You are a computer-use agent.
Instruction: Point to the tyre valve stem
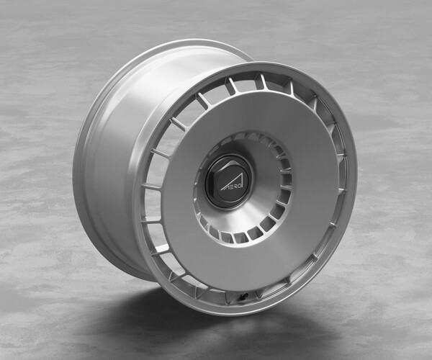coord(243,295)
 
